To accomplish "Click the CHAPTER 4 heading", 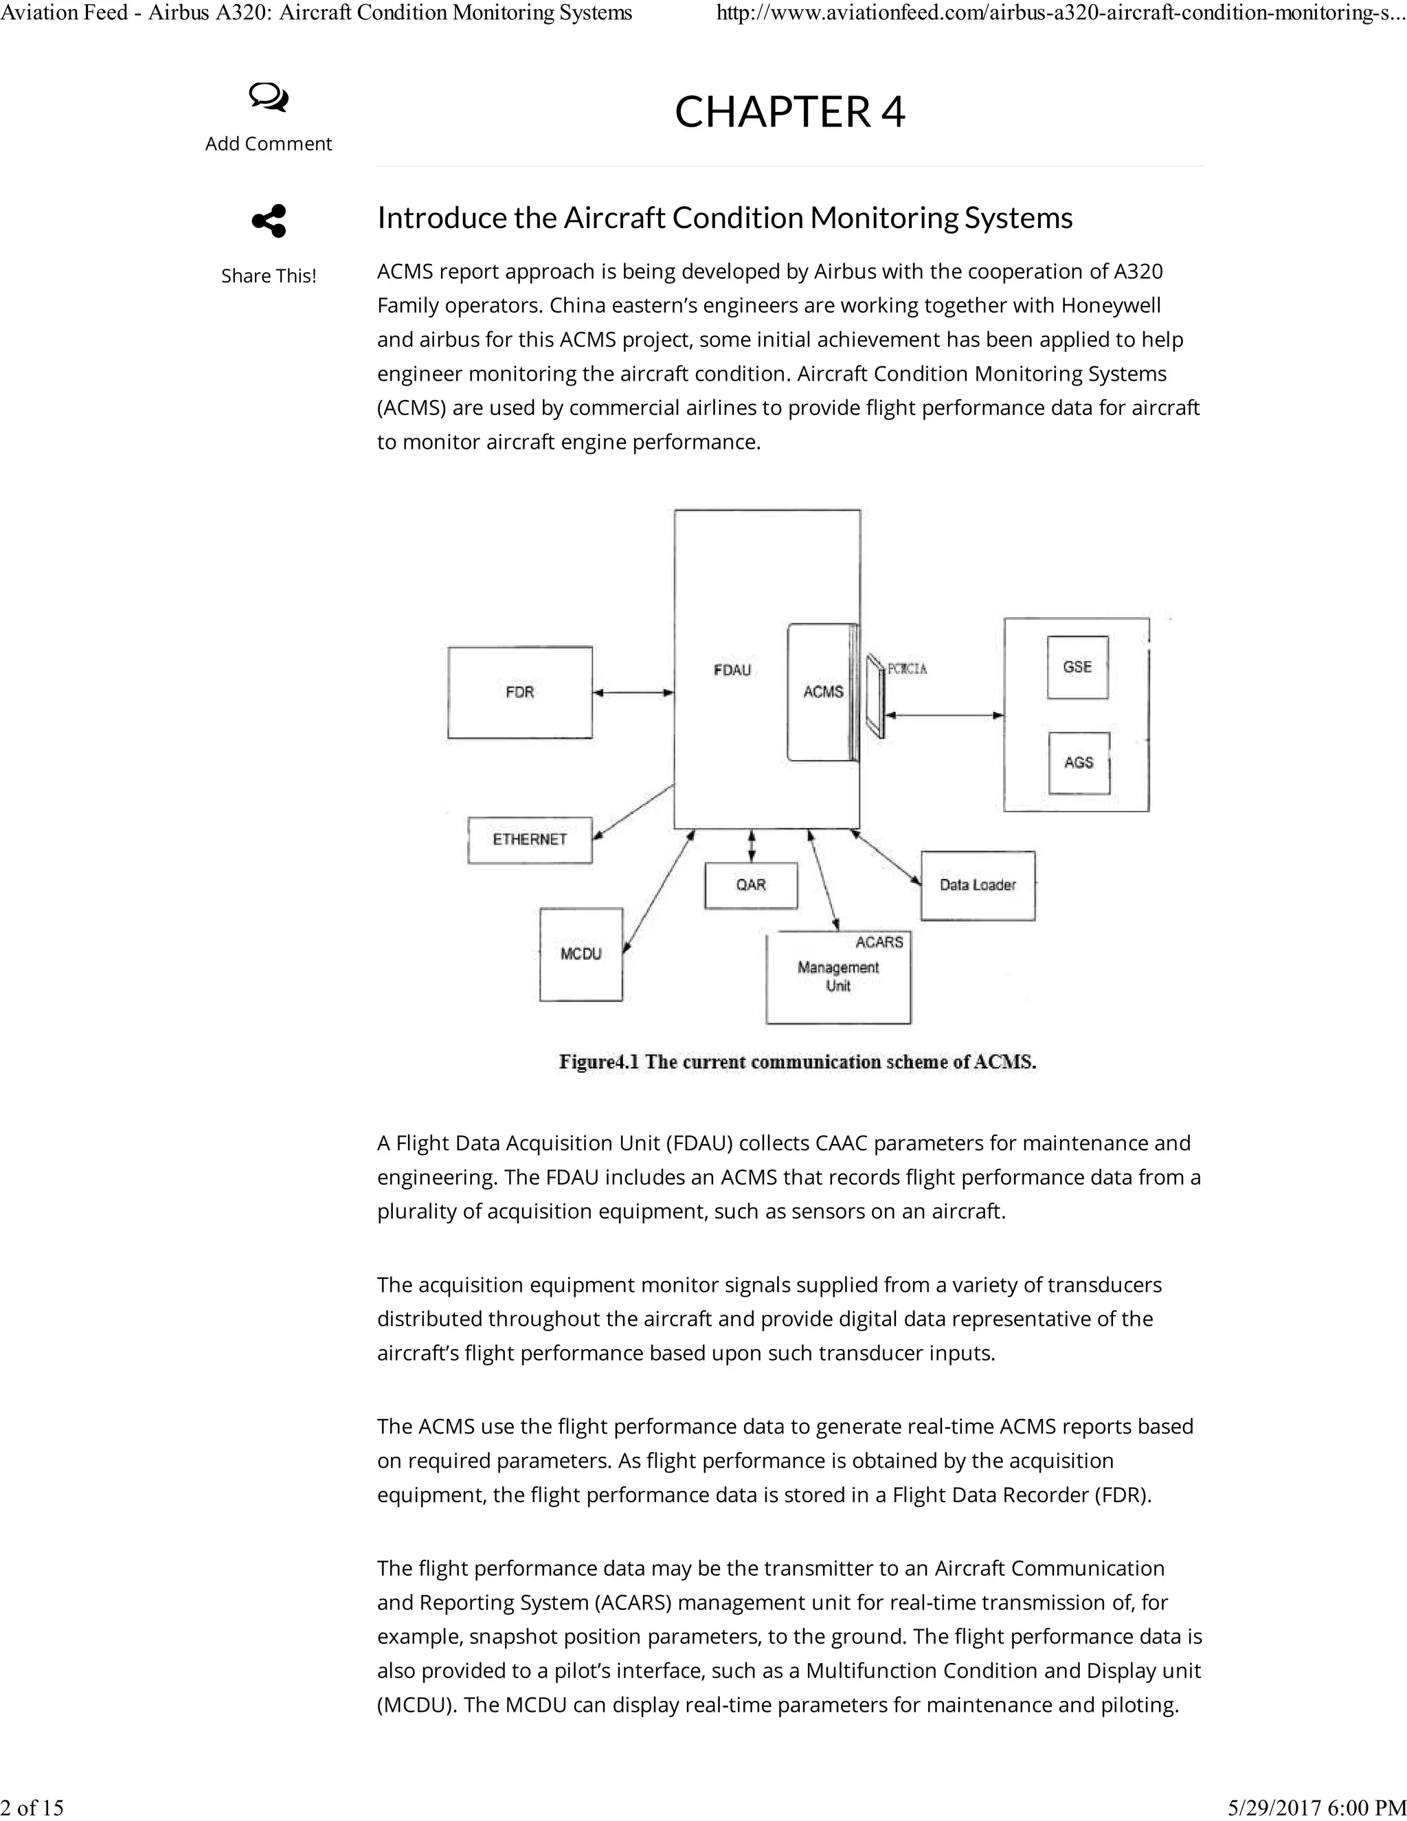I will (x=789, y=112).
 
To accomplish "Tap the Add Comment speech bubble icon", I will (x=269, y=98).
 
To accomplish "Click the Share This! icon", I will (x=269, y=221).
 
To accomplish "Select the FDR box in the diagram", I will (x=520, y=692).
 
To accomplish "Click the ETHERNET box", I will (x=529, y=840).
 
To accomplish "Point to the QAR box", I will (x=751, y=884).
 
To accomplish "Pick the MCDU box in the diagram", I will (x=581, y=954).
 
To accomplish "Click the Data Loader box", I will (x=978, y=886).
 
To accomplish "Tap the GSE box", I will (x=1078, y=667).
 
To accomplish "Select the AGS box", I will (x=1079, y=763).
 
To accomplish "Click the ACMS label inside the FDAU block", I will (x=822, y=692).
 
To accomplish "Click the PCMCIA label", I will (x=907, y=669).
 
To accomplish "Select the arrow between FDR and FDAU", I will (x=633, y=692).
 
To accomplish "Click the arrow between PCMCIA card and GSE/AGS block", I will (x=945, y=715).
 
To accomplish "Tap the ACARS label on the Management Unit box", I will (x=879, y=942).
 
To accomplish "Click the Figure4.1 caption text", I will (x=797, y=1062).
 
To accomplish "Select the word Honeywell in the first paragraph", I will (x=1110, y=306).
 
